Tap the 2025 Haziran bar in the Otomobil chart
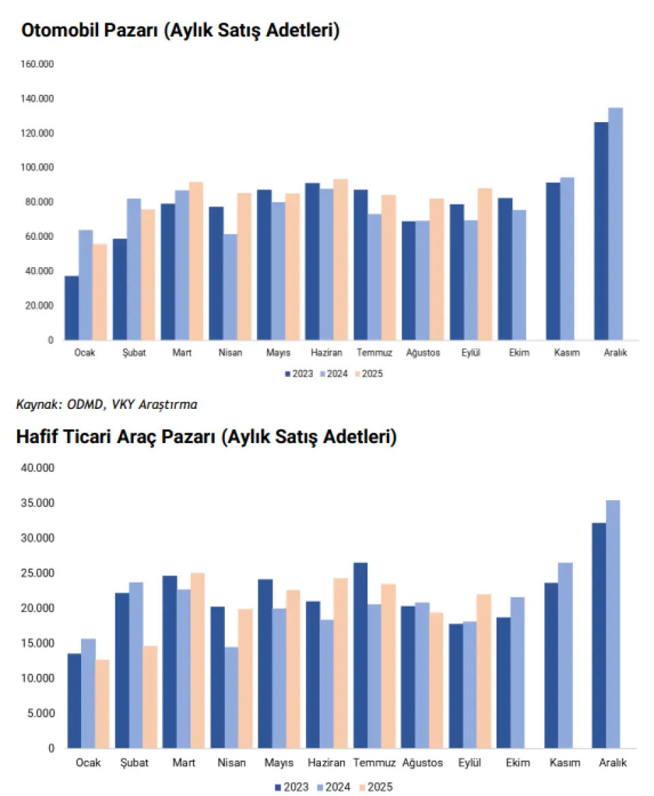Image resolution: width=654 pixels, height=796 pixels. coord(340,260)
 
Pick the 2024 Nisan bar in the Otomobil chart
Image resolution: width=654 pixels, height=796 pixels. coord(230,287)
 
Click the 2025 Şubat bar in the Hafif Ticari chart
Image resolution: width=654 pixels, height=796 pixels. coord(150,697)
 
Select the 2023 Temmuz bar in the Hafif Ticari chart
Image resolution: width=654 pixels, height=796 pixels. coord(360,655)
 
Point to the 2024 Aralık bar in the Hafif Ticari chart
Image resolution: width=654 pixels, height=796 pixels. coord(613,624)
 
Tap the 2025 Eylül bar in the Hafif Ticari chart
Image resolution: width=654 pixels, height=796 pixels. coord(484,671)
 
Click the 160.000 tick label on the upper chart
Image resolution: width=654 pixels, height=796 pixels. coord(37,64)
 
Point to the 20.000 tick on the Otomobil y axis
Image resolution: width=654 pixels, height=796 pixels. coord(40,305)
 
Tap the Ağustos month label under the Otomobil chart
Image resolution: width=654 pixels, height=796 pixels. coord(423,353)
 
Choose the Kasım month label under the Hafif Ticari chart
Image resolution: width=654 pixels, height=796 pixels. coord(565,763)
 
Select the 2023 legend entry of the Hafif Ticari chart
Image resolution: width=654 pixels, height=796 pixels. coord(291,787)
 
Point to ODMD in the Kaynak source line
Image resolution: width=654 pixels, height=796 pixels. coord(83,405)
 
